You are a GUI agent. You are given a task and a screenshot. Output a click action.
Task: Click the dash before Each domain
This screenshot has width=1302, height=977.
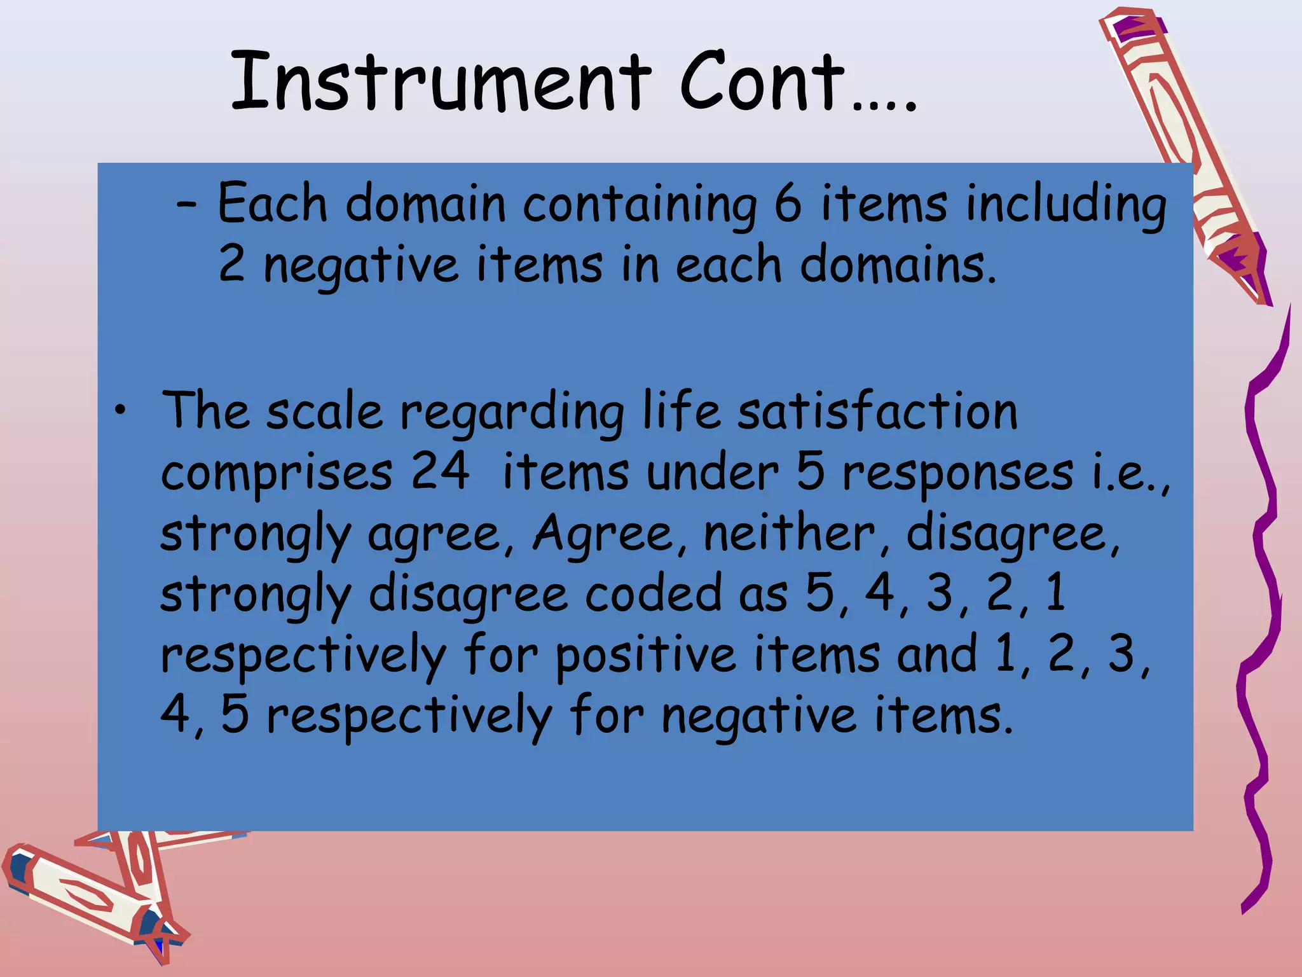click(187, 205)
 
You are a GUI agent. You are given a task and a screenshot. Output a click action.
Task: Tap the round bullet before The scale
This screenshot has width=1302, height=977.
click(120, 412)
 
